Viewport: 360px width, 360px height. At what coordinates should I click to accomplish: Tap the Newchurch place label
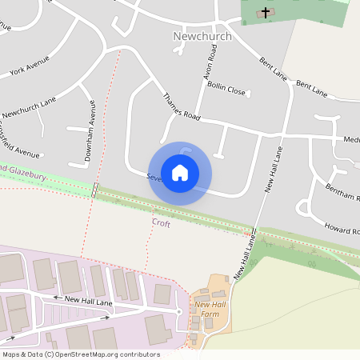202,36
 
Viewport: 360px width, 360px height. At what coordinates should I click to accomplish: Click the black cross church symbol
265,12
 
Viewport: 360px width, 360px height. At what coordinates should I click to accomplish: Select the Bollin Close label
226,91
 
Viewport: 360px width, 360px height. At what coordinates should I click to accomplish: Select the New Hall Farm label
211,310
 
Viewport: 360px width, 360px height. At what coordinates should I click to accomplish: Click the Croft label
161,224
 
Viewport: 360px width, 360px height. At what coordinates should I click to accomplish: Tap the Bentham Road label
342,194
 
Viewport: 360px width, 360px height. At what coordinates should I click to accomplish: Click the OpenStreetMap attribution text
80,354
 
